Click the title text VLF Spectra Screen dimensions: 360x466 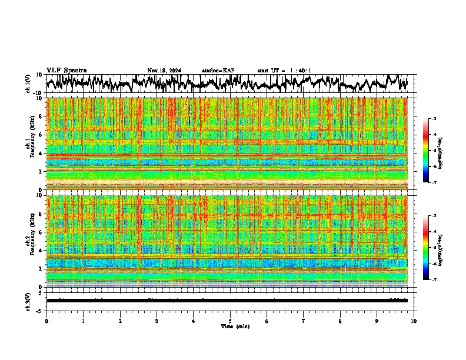point(66,70)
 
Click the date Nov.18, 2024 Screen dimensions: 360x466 point(164,71)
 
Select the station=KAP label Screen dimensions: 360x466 point(218,71)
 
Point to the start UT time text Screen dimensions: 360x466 point(284,71)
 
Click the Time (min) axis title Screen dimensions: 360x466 point(235,326)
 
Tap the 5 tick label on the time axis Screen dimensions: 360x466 point(230,321)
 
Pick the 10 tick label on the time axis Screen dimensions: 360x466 point(414,321)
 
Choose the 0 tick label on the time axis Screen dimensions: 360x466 point(46,321)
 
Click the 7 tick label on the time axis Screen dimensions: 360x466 point(304,321)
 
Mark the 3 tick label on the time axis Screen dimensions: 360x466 point(157,321)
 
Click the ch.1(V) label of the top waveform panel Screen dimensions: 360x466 point(28,84)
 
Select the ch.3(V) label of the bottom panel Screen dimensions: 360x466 point(28,301)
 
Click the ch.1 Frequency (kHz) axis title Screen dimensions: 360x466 point(30,144)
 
